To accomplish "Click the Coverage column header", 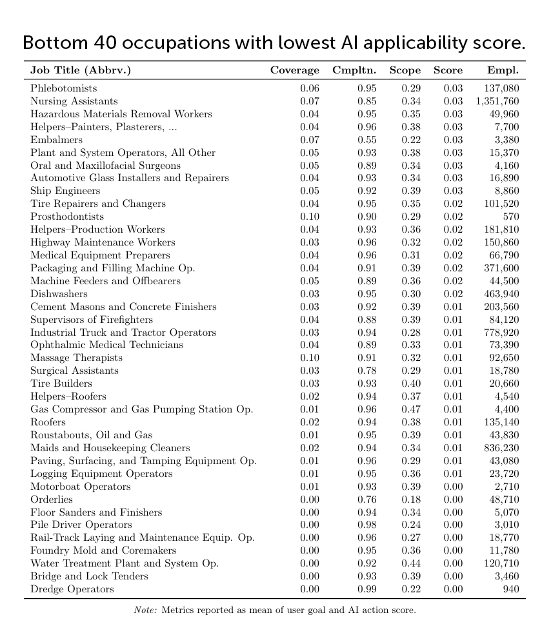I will point(294,70).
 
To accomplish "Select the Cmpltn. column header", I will point(354,70).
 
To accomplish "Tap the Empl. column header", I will point(503,70).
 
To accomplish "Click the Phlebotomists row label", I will point(63,88).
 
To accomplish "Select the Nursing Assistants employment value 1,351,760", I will point(497,101).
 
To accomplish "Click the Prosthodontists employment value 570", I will point(510,217).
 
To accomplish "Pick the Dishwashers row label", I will point(59,294).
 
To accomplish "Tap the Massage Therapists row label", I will point(76,358).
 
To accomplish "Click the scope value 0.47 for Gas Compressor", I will point(411,409).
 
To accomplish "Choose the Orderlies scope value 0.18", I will point(411,500).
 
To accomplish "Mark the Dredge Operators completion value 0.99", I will point(366,589).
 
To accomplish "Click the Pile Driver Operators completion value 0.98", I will point(366,525).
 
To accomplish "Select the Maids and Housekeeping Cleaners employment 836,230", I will point(501,448).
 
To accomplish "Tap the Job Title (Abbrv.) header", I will point(81,70).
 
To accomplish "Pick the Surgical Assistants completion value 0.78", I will point(366,371).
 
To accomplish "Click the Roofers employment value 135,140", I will point(501,422).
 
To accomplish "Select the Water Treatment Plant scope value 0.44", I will point(411,563).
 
